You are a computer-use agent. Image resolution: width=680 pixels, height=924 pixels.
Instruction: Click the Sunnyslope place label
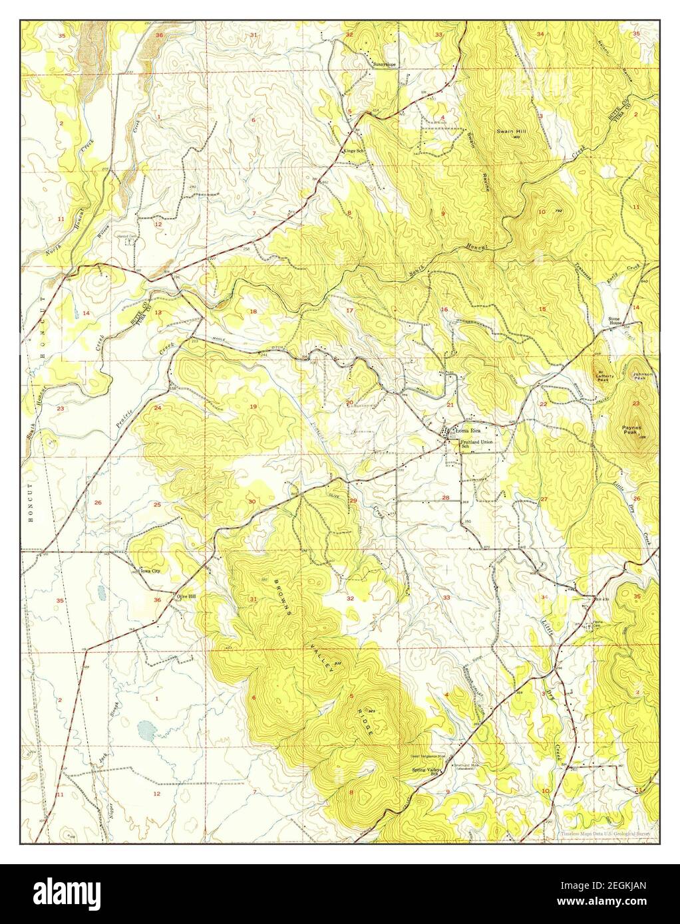pos(385,64)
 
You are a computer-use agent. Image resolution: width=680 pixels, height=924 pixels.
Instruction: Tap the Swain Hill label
pos(512,132)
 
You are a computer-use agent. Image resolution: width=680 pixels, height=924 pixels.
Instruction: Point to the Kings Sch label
pos(354,150)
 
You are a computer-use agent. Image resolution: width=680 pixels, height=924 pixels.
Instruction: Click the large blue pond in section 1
pos(145,731)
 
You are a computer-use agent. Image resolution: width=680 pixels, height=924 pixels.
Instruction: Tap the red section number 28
pos(445,498)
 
